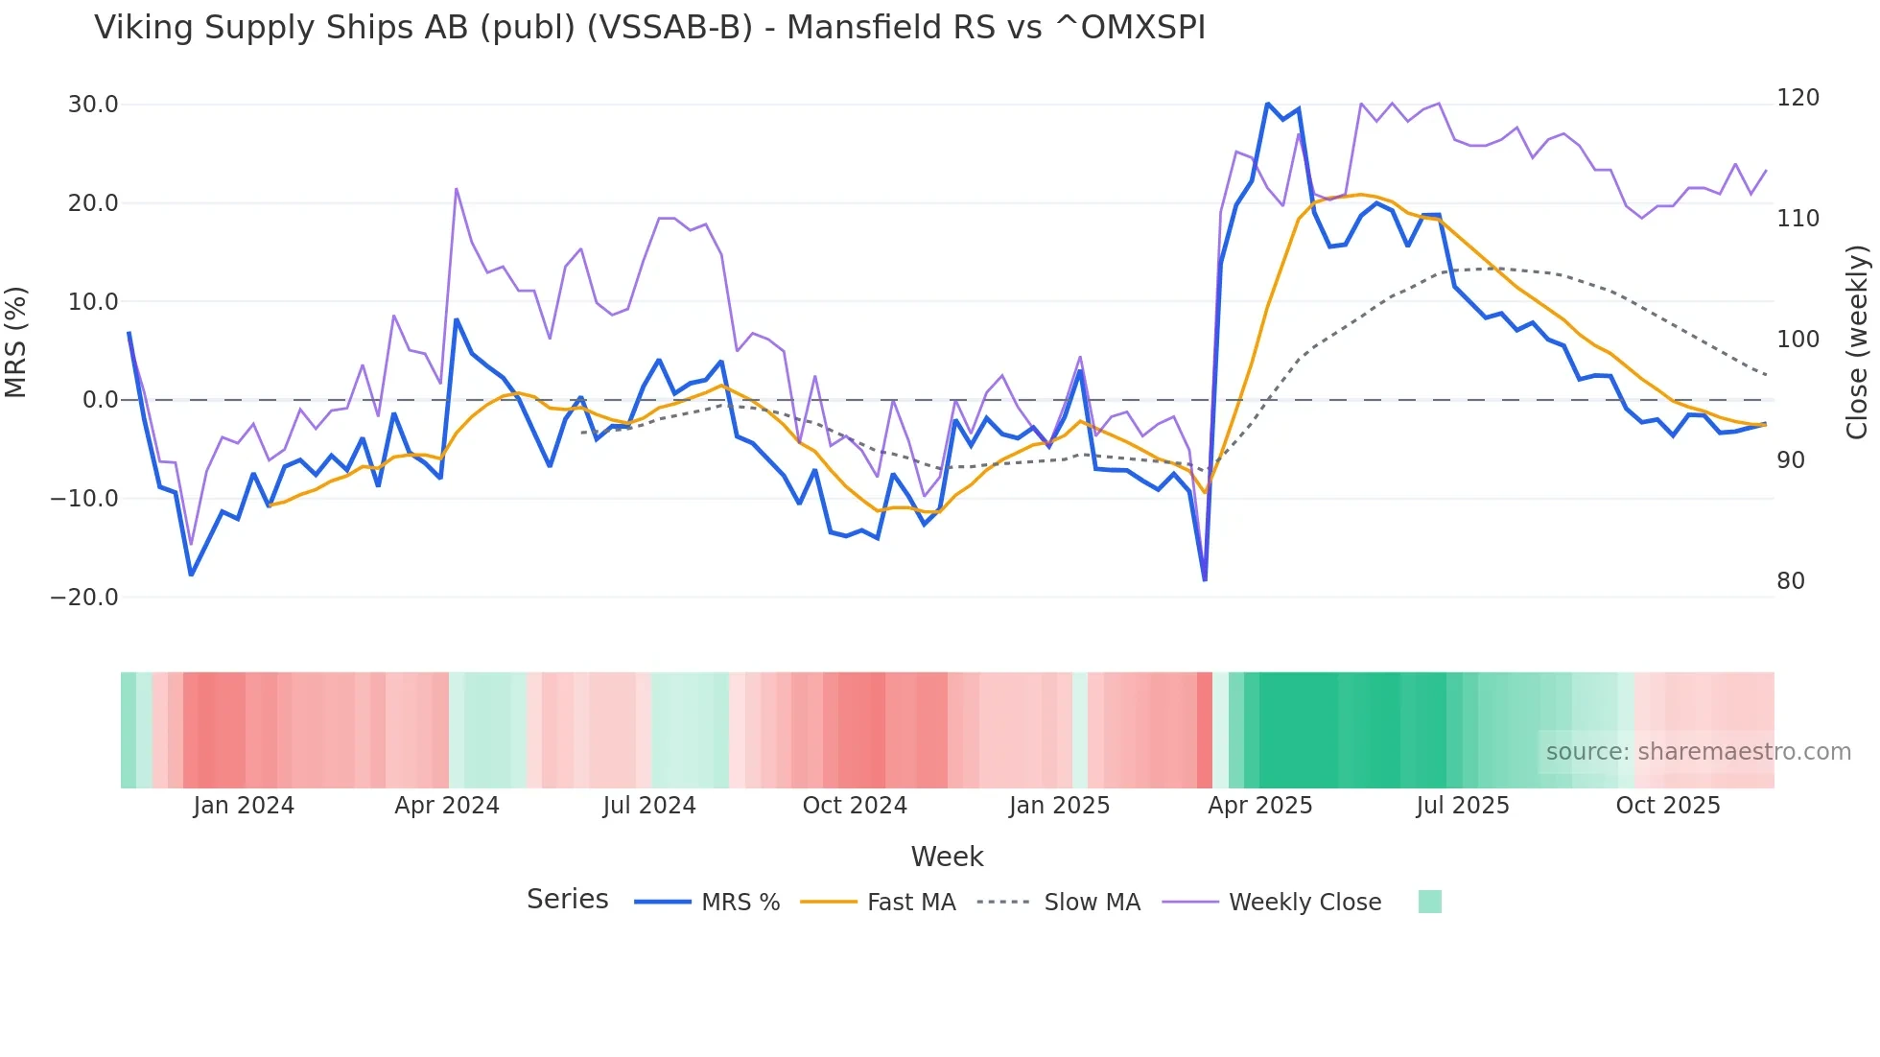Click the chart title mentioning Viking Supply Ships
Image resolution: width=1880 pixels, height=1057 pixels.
tap(649, 28)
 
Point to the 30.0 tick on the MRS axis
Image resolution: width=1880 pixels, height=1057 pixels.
tap(93, 105)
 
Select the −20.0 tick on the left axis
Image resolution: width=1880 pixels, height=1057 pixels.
tap(84, 598)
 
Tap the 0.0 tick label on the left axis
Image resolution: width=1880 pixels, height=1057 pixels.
tap(101, 400)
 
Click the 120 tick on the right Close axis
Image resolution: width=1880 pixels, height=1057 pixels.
tap(1798, 98)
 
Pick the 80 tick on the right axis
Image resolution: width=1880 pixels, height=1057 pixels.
tap(1791, 581)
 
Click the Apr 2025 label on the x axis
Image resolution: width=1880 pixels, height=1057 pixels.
tap(1259, 806)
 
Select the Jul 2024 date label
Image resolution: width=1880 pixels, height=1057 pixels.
tap(649, 806)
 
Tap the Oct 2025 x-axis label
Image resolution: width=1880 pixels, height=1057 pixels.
tap(1668, 806)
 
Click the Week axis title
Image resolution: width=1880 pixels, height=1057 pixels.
tap(947, 857)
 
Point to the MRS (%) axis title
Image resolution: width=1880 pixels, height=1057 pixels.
tap(16, 342)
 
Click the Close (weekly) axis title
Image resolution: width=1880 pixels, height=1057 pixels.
tap(1858, 342)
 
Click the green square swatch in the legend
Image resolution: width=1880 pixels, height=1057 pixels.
tap(1429, 902)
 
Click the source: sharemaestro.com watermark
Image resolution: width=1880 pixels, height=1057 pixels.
tap(1698, 752)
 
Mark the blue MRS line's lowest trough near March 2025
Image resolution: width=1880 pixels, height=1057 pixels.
tap(1205, 579)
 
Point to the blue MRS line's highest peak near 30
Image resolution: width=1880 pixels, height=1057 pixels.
tap(1267, 104)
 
